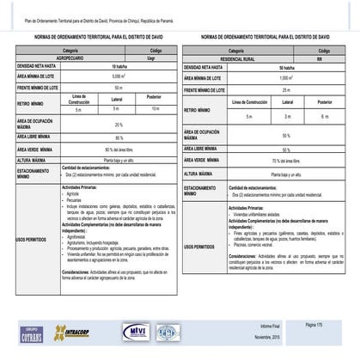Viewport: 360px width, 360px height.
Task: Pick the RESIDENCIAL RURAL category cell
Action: [243, 59]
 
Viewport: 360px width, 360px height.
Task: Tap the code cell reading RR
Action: [319, 59]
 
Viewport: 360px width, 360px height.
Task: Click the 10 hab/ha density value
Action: [119, 66]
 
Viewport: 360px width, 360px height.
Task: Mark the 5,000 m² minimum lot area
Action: [119, 76]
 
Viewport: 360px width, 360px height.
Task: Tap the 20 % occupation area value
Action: [119, 125]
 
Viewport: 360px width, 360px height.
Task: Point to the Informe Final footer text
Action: [272, 327]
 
